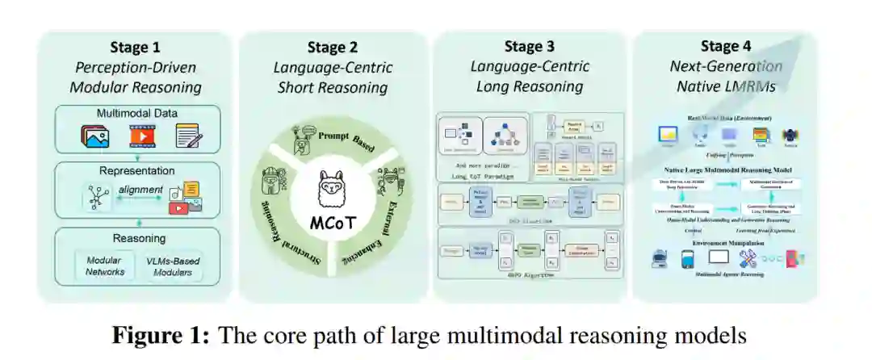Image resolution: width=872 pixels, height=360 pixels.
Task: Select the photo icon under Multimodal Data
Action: tap(95, 136)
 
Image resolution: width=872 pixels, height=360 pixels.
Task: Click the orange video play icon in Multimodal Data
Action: tap(142, 136)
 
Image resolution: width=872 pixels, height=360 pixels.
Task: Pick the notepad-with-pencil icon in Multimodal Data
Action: tap(187, 136)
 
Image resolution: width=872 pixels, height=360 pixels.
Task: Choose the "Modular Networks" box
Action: tap(105, 266)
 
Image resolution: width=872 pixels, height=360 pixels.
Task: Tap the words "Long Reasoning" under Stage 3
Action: tap(530, 86)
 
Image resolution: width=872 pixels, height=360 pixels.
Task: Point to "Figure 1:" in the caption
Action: tap(161, 334)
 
